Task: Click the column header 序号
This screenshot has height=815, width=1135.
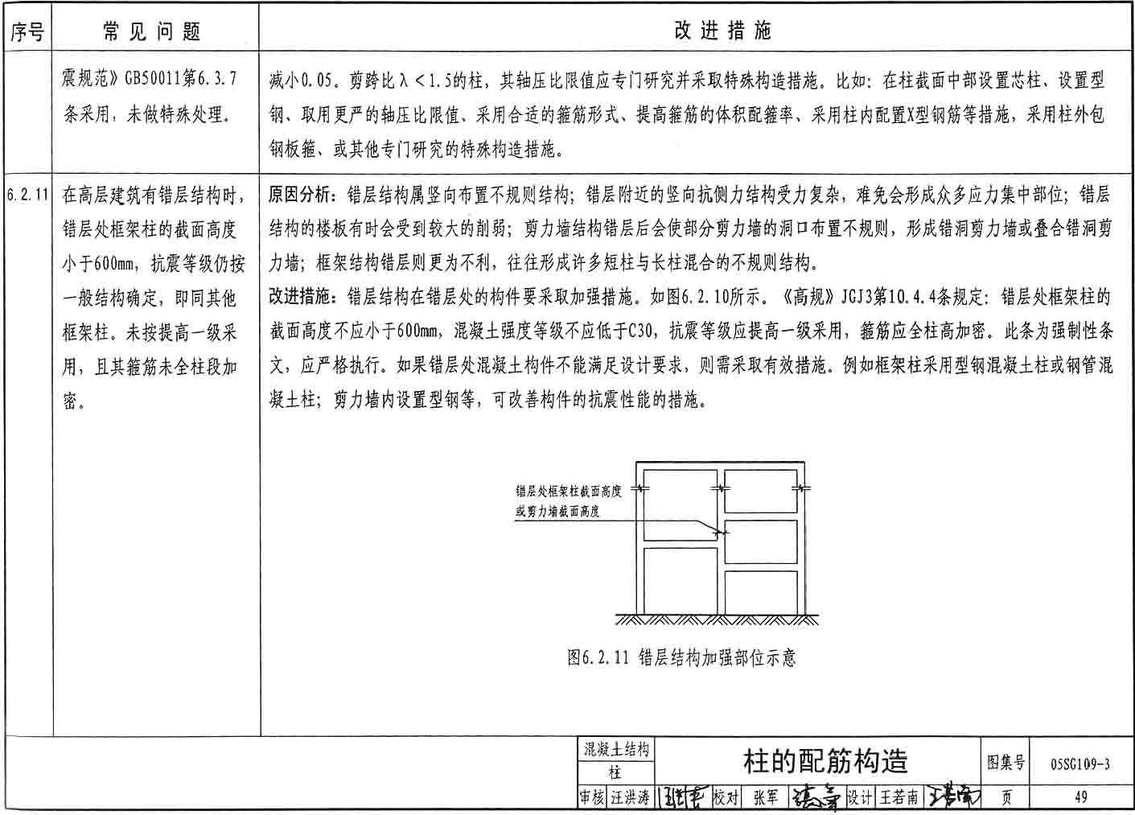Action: pyautogui.click(x=27, y=31)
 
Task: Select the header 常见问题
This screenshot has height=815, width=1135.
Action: pyautogui.click(x=153, y=31)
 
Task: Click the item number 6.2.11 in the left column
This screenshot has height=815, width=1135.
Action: pyautogui.click(x=27, y=195)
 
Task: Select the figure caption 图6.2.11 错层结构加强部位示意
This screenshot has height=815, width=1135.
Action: pyautogui.click(x=681, y=657)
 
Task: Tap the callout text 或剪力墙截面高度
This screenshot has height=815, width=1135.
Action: pyautogui.click(x=558, y=510)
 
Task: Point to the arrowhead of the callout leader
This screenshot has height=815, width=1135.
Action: pyautogui.click(x=721, y=532)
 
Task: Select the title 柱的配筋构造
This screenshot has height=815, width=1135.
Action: pyautogui.click(x=825, y=760)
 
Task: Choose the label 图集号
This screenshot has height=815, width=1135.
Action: pyautogui.click(x=1006, y=761)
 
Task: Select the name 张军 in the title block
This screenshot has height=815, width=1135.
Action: pyautogui.click(x=765, y=797)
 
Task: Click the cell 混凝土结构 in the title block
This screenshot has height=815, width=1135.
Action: pyautogui.click(x=615, y=750)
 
